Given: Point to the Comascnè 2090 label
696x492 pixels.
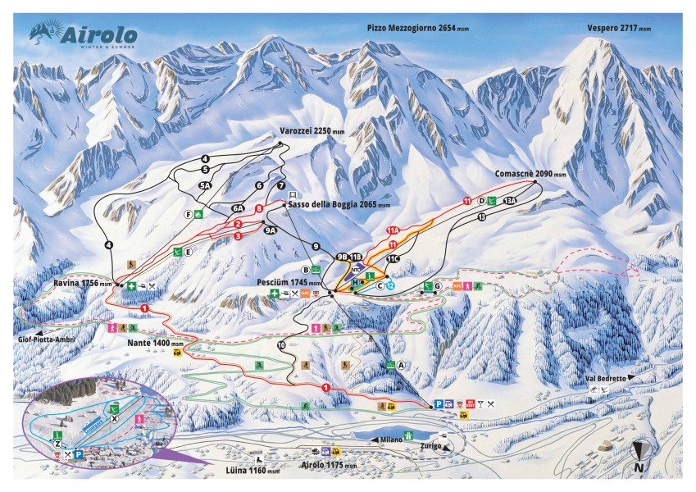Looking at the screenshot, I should coord(530,174).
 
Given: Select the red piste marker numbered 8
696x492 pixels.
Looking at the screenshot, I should coord(259,209).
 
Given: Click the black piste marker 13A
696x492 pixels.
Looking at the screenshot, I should coord(510,200).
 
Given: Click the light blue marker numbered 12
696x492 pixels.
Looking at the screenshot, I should coord(391,285).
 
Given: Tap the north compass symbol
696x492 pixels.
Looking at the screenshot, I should coord(639,453).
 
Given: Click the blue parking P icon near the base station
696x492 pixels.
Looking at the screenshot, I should coord(439,403).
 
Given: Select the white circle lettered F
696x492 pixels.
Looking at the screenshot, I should coord(188,215).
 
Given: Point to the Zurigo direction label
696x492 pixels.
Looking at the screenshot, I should coord(430,446).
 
